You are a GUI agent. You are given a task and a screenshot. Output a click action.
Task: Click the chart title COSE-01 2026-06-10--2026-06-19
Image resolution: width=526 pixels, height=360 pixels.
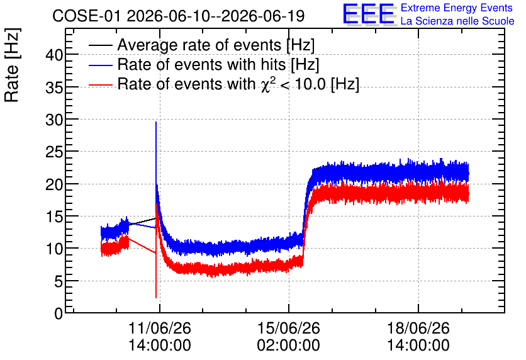[x=179, y=16]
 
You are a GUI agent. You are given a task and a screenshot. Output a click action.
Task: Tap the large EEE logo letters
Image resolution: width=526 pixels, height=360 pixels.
[x=369, y=14]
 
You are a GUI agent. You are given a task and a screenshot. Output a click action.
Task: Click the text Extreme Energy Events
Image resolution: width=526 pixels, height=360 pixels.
[x=457, y=8]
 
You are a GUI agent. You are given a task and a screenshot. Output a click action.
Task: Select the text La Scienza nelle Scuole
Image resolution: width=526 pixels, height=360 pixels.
[x=457, y=21]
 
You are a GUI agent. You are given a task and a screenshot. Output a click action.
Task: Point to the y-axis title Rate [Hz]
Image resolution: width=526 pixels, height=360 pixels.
[x=12, y=65]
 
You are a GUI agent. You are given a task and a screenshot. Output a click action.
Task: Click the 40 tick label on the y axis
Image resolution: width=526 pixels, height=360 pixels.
[x=54, y=55]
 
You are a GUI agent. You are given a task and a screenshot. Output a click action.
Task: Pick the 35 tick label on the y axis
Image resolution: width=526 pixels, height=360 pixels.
[x=54, y=87]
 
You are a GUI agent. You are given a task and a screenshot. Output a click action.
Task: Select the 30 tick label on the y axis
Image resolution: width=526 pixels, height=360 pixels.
[x=54, y=120]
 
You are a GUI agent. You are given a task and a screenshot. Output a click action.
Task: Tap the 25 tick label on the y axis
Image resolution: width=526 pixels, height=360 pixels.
[x=54, y=152]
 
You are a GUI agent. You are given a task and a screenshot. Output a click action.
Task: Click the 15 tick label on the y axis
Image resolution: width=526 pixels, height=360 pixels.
[x=54, y=217]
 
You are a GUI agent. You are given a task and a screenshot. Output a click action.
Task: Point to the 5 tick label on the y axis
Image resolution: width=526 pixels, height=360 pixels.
[x=59, y=281]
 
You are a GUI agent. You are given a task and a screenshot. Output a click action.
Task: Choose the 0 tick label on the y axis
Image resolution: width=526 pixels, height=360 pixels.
[x=59, y=313]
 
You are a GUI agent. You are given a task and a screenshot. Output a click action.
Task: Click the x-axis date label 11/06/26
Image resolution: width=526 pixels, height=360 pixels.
[x=160, y=328]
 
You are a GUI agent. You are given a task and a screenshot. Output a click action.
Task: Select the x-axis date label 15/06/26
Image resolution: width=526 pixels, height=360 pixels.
[x=289, y=328]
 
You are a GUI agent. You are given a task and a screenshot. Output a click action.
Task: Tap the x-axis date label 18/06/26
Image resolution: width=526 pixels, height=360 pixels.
[x=418, y=328]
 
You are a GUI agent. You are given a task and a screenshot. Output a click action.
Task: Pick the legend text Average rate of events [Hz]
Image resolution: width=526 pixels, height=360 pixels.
[x=216, y=45]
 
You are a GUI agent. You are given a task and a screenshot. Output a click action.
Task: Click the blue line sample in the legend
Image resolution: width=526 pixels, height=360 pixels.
[x=101, y=65]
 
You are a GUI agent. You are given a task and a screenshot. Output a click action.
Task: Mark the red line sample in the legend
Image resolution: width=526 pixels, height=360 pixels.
[x=101, y=85]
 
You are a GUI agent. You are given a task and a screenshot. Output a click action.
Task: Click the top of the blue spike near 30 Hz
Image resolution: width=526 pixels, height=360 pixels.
[x=156, y=122]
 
